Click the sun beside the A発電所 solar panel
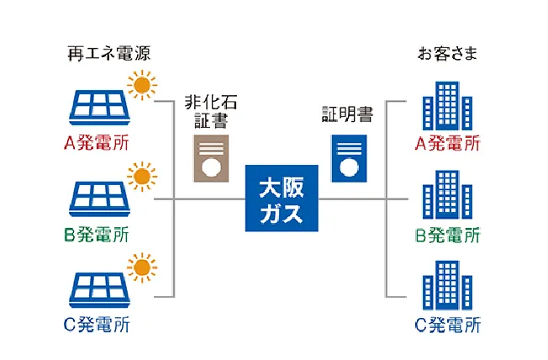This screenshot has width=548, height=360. (141, 84)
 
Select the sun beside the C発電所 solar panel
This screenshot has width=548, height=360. (141, 267)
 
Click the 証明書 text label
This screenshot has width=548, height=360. (347, 114)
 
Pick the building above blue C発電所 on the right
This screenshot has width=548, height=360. (444, 286)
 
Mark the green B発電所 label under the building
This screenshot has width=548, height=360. (448, 234)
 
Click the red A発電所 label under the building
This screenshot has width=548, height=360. (448, 142)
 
